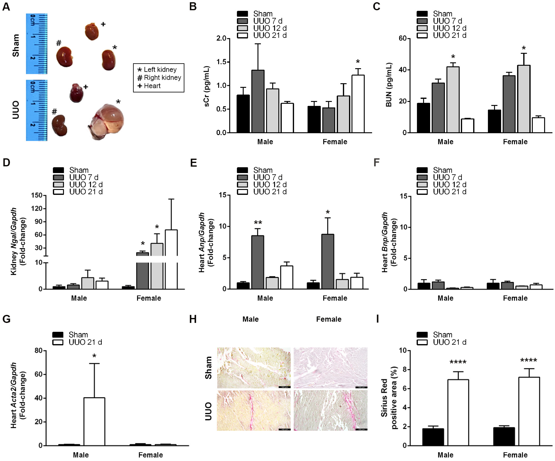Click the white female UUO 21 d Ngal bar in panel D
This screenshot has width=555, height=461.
[x=171, y=259]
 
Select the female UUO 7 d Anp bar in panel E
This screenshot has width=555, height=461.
[x=328, y=261]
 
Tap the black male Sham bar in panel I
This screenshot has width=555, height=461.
[x=433, y=437]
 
